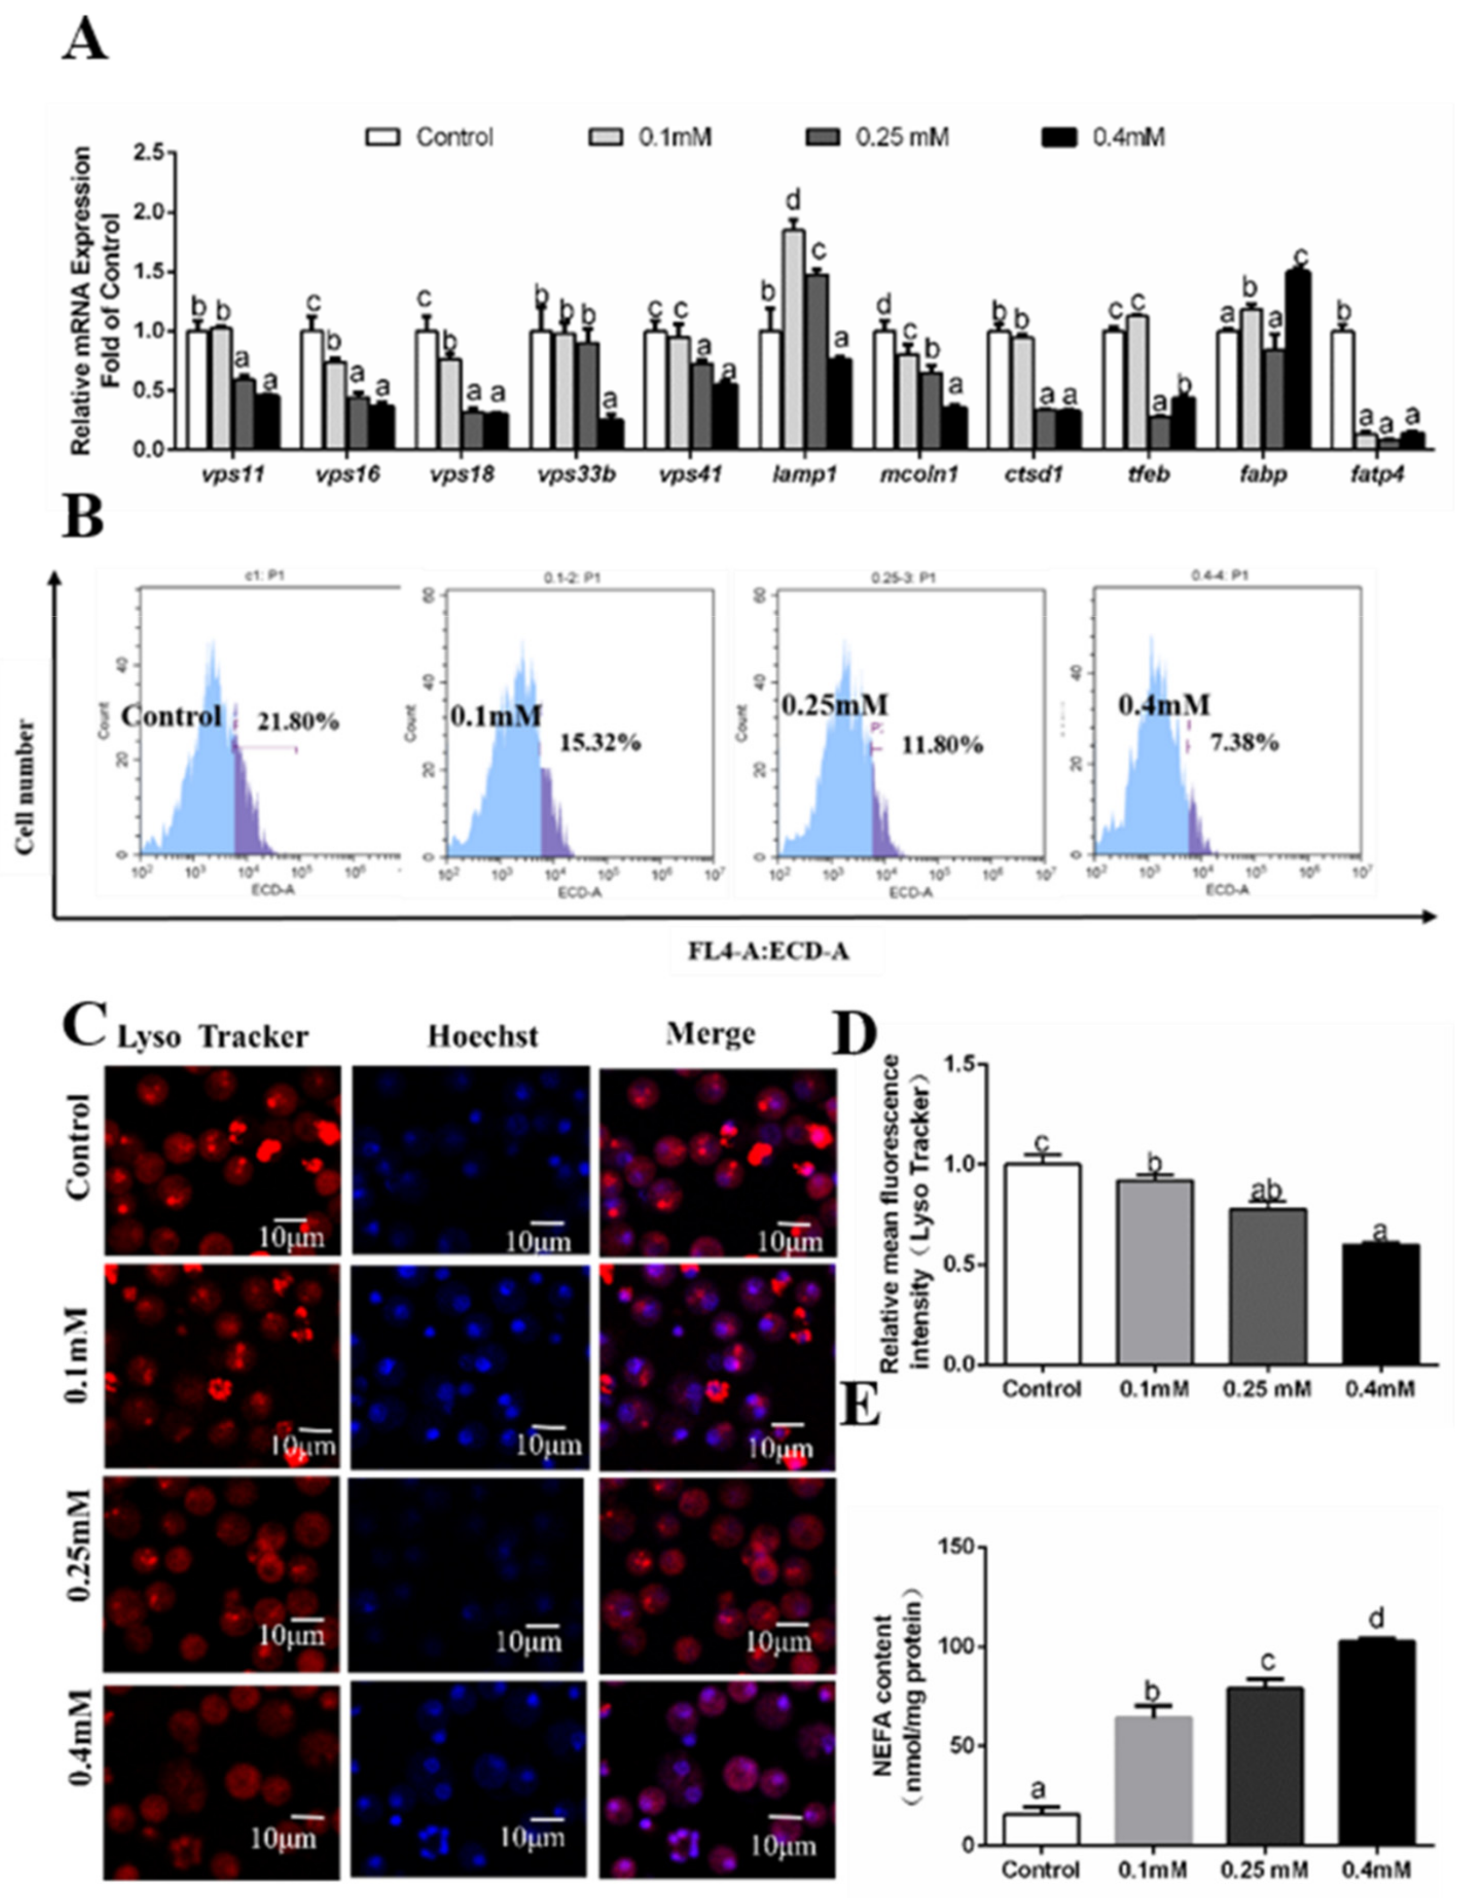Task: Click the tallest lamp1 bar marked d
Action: tap(792, 338)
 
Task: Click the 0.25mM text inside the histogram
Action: tap(834, 705)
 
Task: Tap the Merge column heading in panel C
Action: tap(710, 1033)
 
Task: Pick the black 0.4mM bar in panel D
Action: tap(1380, 1304)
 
